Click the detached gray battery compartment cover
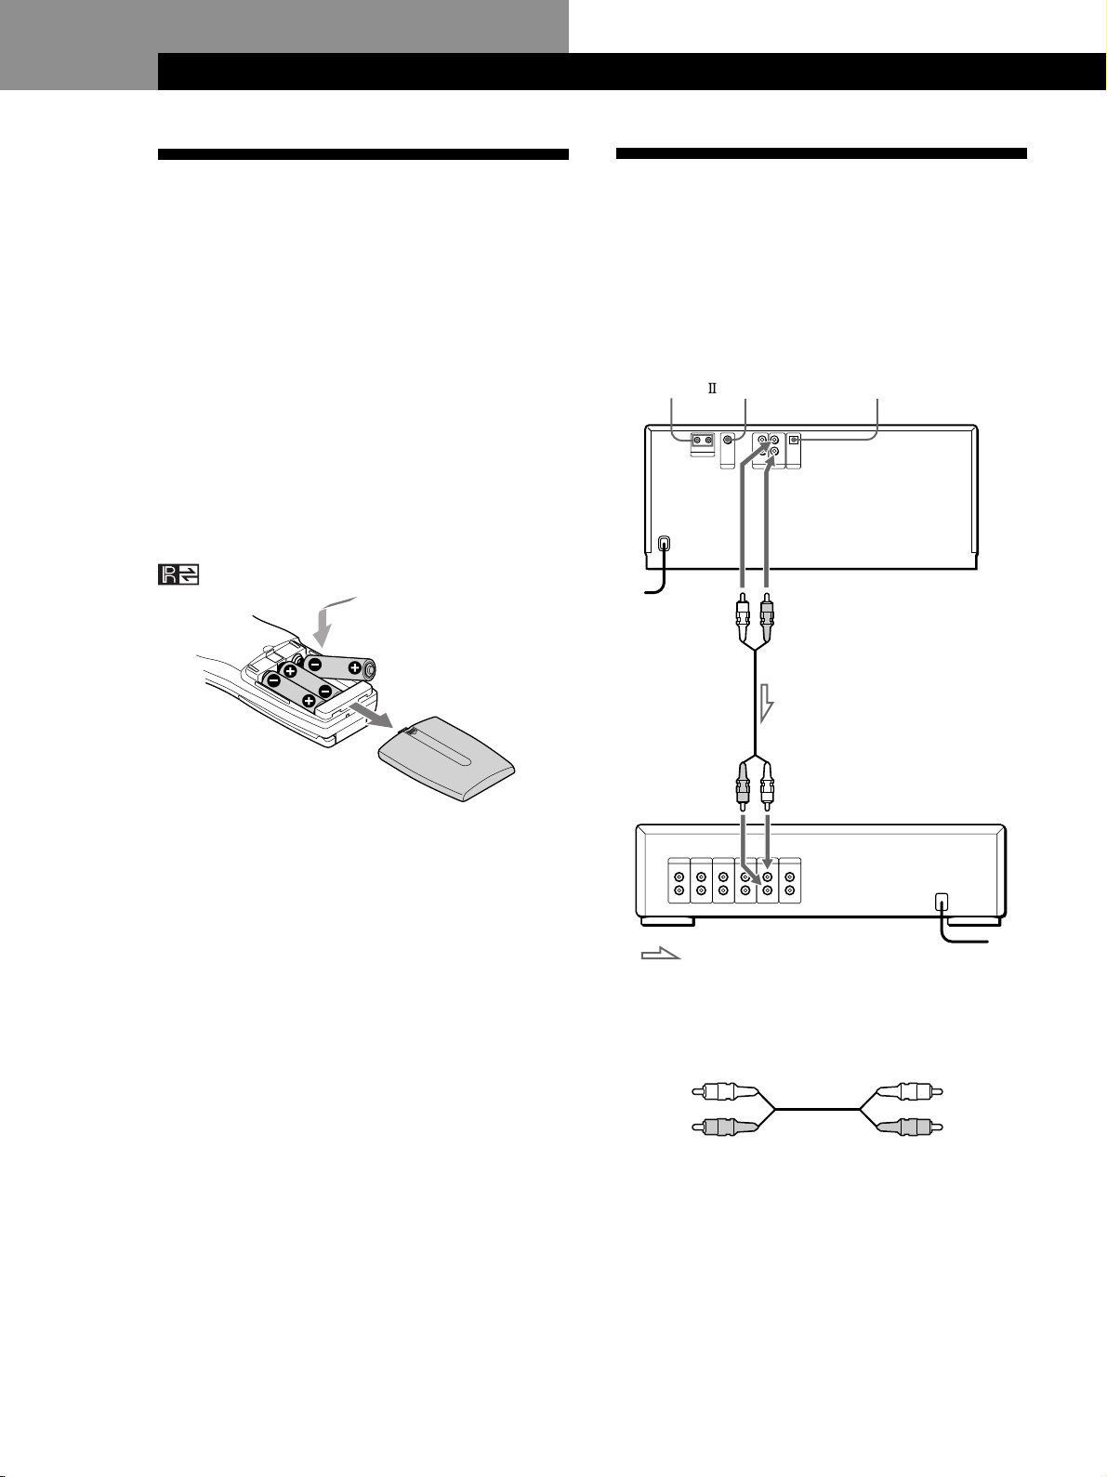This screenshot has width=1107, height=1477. [446, 758]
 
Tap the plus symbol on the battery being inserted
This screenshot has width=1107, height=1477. [354, 669]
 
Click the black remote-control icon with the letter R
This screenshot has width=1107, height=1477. [178, 574]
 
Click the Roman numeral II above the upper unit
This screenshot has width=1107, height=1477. [712, 389]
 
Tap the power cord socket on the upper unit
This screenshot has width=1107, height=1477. [664, 542]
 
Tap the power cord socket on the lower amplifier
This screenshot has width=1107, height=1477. [942, 901]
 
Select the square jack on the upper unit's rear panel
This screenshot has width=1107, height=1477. [794, 440]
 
